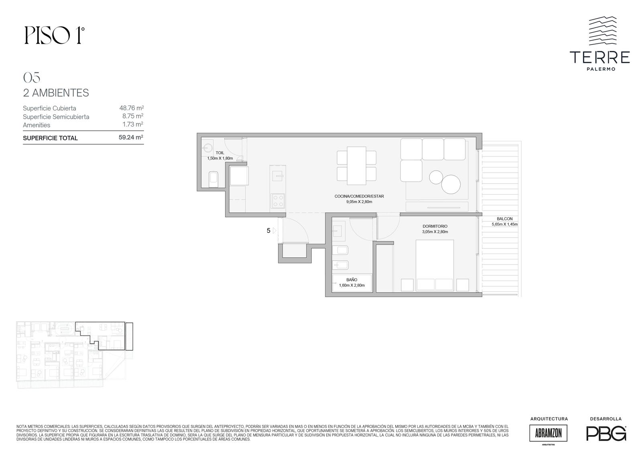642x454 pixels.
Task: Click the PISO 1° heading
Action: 55,36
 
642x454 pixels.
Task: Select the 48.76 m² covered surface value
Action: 132,108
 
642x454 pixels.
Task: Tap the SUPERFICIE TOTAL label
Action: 50,138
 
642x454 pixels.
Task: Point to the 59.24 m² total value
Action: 131,137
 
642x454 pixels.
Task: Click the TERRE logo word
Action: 599,57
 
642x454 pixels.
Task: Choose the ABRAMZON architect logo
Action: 548,433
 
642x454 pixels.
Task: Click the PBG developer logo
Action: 606,433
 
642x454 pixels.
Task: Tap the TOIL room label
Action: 220,153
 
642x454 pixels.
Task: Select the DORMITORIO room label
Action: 435,226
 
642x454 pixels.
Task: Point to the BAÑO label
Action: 351,280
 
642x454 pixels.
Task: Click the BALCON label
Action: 505,219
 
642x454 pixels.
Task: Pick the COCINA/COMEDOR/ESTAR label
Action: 359,196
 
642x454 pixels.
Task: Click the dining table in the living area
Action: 357,166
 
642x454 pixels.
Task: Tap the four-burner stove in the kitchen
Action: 278,201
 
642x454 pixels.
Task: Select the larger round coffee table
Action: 451,184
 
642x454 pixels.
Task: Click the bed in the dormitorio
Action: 435,265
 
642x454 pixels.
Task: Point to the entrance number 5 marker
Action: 268,230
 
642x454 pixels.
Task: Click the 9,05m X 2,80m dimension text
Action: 359,202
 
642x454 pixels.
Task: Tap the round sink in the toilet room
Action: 207,148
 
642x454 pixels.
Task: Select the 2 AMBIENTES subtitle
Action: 56,93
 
